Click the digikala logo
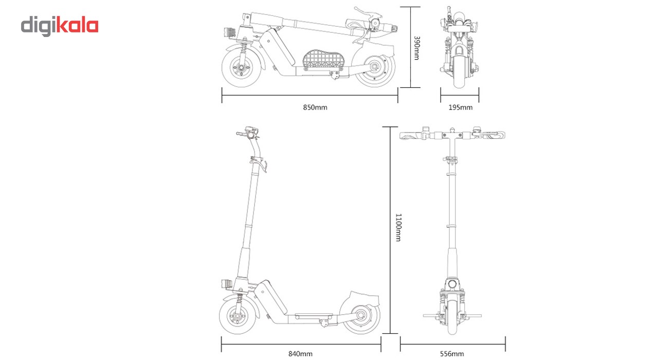coord(60,26)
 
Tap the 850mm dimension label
coord(315,107)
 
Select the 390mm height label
coord(416,48)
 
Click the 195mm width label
coord(460,107)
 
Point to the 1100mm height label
coord(398,227)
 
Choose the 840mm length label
coord(300,354)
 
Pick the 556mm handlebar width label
coord(452,354)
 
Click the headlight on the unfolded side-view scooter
coord(227,284)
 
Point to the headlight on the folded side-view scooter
coord(230,32)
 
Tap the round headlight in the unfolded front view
coord(452,284)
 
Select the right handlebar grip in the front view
coord(494,135)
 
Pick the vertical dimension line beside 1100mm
coord(390,230)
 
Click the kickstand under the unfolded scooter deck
coord(324,323)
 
